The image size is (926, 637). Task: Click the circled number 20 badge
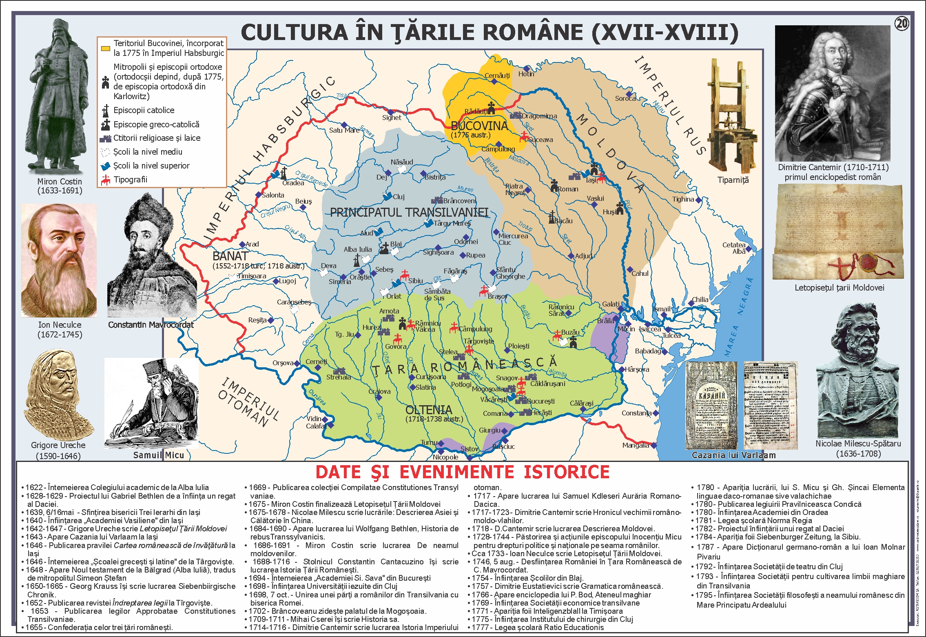tap(902, 24)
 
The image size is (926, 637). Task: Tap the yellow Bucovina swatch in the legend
tap(105, 49)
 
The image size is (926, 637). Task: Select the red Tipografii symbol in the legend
tap(106, 180)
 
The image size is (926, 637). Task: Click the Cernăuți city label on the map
tap(497, 75)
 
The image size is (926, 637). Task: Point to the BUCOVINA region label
tap(479, 126)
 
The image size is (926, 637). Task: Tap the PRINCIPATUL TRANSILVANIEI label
tap(409, 212)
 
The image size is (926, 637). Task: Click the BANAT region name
tap(230, 256)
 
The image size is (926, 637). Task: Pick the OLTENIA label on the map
tap(429, 410)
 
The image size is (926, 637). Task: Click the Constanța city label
tap(636, 413)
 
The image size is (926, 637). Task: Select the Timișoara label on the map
tap(252, 276)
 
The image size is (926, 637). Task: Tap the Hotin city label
tap(526, 74)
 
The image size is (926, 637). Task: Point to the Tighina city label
tap(683, 199)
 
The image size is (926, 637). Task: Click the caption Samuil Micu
tap(159, 455)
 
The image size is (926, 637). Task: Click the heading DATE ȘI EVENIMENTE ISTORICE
tap(463, 472)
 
